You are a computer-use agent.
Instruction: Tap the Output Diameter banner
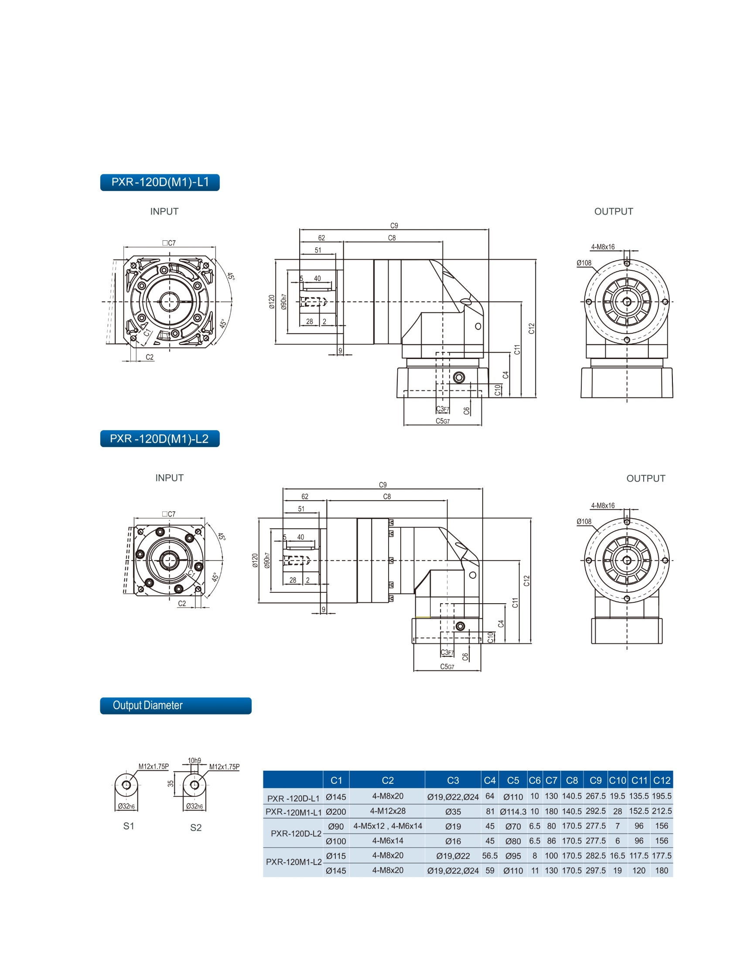pos(175,705)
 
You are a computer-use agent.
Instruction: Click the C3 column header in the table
pos(453,780)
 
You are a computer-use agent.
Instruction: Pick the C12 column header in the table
pos(661,780)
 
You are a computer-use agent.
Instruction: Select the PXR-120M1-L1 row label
pos(293,811)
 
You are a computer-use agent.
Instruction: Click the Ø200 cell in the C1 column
pos(335,811)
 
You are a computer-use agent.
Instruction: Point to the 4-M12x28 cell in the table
pos(387,810)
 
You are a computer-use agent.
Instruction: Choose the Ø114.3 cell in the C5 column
pos(513,811)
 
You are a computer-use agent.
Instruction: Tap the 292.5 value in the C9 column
pos(595,811)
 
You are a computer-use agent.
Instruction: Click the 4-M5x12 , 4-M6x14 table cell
pos(387,826)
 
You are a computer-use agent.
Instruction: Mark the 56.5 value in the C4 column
pos(490,855)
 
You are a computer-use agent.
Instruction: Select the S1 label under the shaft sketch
pos(129,826)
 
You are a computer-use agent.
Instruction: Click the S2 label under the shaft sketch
pos(195,827)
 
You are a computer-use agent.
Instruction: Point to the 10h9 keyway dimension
pos(194,760)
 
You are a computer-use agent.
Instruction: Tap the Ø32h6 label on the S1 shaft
pos(126,806)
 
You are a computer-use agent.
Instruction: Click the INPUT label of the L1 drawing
pos(164,212)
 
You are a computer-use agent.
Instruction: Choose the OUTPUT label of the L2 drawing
pos(645,478)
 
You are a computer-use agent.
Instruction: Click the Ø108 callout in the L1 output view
pos(584,263)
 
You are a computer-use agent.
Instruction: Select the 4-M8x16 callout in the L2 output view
pos(602,506)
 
